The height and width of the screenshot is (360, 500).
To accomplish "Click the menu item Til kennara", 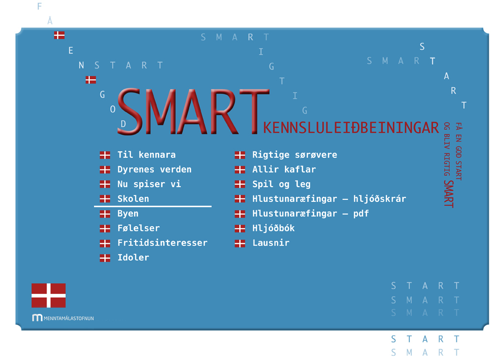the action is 146,155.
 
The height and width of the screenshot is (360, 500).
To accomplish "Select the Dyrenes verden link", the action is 154,169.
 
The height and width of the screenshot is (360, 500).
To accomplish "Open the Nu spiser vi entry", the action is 149,184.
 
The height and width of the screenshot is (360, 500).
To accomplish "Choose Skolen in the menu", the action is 133,199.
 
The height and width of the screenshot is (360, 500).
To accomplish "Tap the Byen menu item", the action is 128,214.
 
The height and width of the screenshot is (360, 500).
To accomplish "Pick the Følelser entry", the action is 139,228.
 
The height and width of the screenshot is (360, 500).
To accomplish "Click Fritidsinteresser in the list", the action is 162,243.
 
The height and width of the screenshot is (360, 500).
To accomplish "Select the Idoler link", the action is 133,258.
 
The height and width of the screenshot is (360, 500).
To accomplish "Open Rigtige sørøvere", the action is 295,155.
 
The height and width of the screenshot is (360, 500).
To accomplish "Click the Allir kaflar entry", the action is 284,169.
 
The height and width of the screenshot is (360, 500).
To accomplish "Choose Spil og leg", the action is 281,184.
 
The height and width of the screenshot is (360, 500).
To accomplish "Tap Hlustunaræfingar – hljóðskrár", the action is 329,199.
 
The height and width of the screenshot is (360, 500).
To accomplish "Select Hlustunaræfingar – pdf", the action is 310,214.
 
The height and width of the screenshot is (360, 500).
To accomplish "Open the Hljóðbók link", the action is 273,228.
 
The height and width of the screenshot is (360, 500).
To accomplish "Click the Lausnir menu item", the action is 271,243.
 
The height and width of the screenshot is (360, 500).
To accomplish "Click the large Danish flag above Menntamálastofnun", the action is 48,295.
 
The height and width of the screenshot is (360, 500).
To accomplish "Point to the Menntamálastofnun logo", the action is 63,318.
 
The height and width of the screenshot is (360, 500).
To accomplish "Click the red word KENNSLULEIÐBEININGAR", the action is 351,128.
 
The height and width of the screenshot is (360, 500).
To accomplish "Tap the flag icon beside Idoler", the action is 105,258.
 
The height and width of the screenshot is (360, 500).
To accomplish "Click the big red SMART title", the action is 193,111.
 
